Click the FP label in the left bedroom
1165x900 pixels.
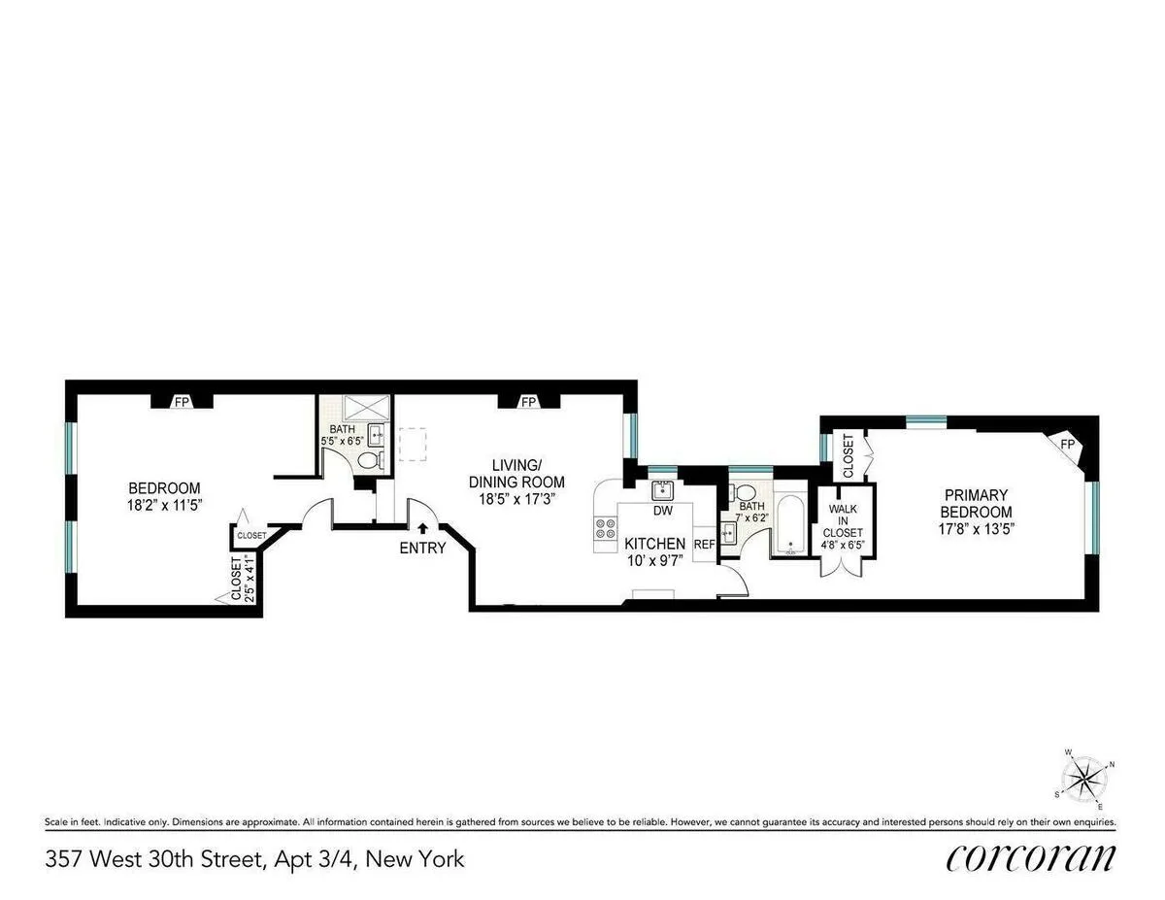pyautogui.click(x=181, y=401)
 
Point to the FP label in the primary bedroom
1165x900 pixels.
pyautogui.click(x=1067, y=445)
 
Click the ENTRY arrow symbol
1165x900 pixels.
pyautogui.click(x=423, y=529)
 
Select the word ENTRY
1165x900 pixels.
pyautogui.click(x=422, y=548)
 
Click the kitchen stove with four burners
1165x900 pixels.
pyautogui.click(x=606, y=529)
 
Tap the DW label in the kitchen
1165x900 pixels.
pyautogui.click(x=663, y=511)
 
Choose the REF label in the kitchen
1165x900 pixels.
pyautogui.click(x=704, y=545)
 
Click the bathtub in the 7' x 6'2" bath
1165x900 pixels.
pyautogui.click(x=788, y=525)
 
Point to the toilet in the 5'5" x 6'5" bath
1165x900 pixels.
pyautogui.click(x=368, y=461)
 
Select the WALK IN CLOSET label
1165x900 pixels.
pyautogui.click(x=843, y=519)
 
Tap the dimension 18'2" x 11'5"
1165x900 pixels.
pyautogui.click(x=165, y=505)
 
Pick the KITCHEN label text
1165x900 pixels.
pyautogui.click(x=654, y=544)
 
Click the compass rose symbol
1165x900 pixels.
pyautogui.click(x=1087, y=780)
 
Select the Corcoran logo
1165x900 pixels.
pyautogui.click(x=1031, y=858)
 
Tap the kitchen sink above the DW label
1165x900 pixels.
pyautogui.click(x=663, y=489)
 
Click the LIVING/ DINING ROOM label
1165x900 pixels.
pyautogui.click(x=516, y=473)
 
